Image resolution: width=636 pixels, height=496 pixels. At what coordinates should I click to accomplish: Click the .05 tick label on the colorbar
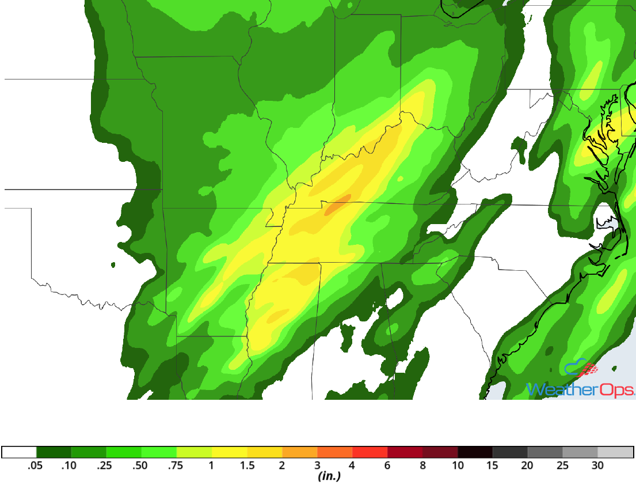pos(36,465)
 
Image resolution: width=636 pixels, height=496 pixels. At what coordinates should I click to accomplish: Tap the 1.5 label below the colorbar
pos(247,465)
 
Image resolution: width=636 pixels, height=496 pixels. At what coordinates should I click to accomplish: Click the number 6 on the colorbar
pos(387,465)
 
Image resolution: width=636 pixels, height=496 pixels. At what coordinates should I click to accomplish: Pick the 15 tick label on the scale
pos(493,465)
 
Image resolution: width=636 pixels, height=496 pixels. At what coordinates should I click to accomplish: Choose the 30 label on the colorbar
pos(598,465)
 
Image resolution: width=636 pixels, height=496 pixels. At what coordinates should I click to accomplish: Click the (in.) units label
pos(329,476)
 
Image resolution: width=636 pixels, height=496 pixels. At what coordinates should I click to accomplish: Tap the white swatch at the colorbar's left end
pos(19,452)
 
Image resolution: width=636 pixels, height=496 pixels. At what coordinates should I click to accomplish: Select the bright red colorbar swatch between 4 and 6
pos(370,452)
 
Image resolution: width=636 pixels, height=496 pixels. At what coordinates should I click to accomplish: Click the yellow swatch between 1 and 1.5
pos(230,452)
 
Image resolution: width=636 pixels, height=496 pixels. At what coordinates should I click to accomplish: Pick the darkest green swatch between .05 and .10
pos(54,452)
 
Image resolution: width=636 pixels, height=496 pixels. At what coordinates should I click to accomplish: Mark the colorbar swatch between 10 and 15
pos(475,452)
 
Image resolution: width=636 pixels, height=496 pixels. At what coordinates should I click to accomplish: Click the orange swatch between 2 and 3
pos(300,452)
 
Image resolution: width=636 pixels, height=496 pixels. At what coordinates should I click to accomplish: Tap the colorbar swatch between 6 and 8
pos(405,452)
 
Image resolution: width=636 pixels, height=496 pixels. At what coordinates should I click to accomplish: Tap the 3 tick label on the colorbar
pos(317,465)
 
